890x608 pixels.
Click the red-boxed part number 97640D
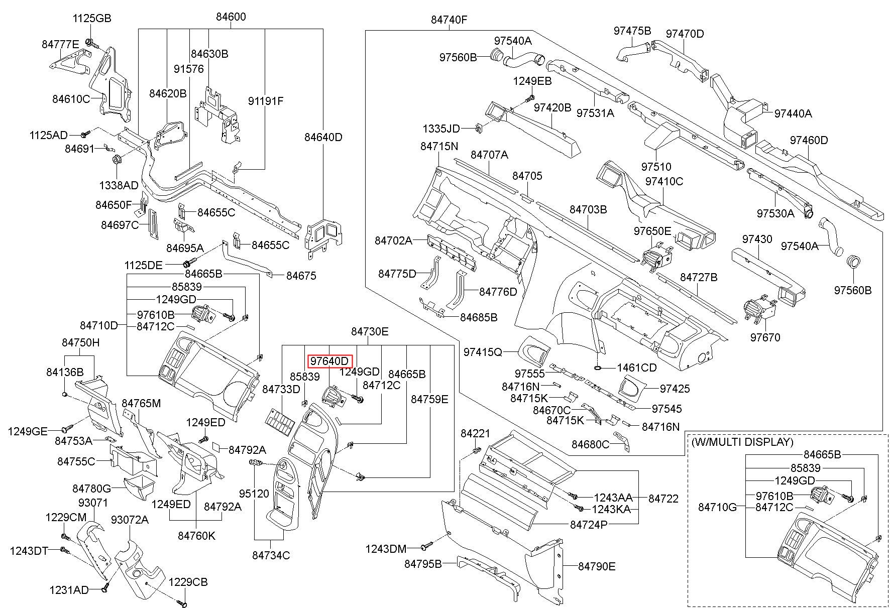(x=329, y=361)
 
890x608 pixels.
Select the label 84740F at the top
(x=449, y=20)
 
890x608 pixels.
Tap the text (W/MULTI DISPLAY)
(x=742, y=442)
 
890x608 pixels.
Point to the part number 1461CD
(x=637, y=368)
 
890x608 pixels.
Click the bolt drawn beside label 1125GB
(x=89, y=42)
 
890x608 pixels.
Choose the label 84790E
(x=597, y=566)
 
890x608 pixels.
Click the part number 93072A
(x=130, y=520)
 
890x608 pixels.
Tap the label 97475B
(x=632, y=30)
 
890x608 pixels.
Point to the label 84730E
(x=370, y=331)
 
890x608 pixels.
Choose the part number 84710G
(x=717, y=507)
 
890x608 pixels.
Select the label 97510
(x=656, y=166)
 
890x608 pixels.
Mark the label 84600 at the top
(x=231, y=17)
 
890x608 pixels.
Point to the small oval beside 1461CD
(x=598, y=368)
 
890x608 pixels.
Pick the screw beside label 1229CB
(x=182, y=601)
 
